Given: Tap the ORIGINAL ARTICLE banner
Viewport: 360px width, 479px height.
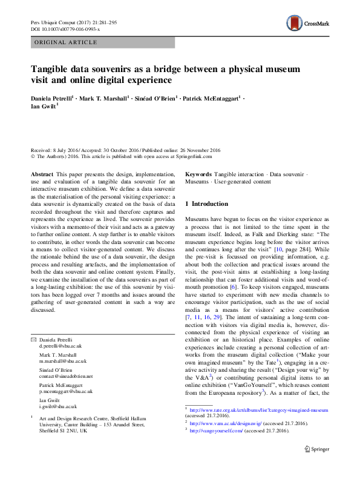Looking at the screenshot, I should point(65,42).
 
